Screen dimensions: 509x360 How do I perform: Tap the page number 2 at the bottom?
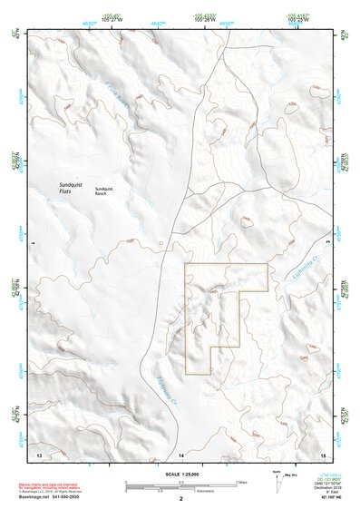coord(180,498)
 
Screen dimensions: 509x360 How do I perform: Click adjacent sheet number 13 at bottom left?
coord(39,453)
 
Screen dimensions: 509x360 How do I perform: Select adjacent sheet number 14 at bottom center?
coord(180,453)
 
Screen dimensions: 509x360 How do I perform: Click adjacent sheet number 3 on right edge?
coord(328,244)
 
